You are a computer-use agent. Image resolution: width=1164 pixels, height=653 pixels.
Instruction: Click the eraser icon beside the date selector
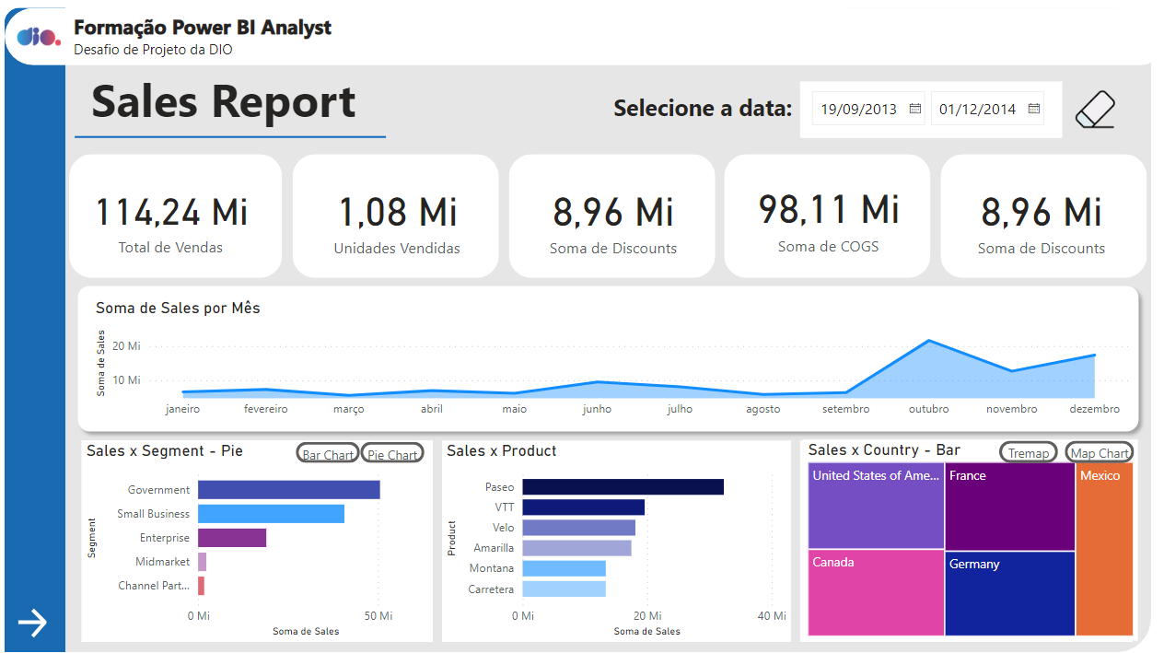coord(1095,110)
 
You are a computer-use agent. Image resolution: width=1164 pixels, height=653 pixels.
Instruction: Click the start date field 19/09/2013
coord(858,109)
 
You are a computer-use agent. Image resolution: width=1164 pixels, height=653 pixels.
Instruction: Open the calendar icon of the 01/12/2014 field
coord(1034,109)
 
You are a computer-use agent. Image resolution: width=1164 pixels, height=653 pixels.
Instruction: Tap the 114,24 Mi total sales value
coord(172,212)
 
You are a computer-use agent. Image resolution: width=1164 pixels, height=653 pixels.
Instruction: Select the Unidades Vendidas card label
coord(397,248)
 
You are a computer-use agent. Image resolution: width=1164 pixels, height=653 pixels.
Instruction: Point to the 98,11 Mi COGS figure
coord(829,209)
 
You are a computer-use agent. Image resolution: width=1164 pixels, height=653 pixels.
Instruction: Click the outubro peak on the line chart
coord(929,341)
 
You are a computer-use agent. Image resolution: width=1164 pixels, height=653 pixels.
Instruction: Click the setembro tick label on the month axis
coord(845,409)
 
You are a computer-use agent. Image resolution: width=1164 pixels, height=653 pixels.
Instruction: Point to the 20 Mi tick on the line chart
coord(126,346)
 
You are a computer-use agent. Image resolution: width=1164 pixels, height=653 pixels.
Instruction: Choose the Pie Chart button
coord(392,454)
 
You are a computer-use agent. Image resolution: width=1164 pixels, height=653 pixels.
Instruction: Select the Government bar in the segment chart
coord(288,490)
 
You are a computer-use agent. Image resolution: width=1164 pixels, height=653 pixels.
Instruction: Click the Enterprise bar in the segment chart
coord(232,538)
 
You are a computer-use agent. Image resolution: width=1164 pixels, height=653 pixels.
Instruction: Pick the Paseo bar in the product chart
coord(623,487)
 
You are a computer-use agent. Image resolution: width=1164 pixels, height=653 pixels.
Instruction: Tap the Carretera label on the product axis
coord(491,589)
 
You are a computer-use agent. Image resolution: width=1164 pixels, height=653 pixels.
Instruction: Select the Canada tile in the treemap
coord(876,593)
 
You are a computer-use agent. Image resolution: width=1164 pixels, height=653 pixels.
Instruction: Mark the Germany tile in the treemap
coord(1009,593)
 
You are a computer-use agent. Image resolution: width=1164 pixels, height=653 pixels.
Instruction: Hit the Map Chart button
coord(1100,453)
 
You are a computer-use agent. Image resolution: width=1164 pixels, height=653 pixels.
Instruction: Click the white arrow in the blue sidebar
coord(32,624)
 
